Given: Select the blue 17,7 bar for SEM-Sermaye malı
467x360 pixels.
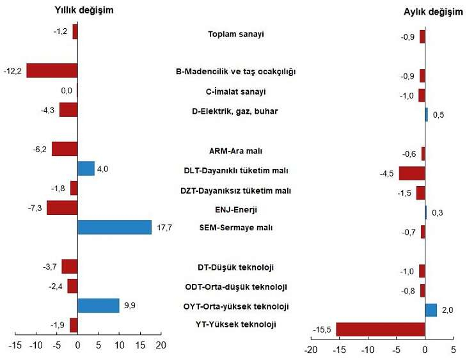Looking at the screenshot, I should point(115,227).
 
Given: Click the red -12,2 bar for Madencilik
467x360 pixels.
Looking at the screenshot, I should point(52,70).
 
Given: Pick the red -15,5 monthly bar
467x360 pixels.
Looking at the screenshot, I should point(380,329).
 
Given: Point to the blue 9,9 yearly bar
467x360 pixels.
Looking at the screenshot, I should point(98,305).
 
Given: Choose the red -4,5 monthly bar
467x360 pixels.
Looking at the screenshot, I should point(412,173).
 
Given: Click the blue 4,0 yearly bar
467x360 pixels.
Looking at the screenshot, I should point(86,169).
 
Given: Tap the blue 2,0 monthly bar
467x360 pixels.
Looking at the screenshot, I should point(431,310).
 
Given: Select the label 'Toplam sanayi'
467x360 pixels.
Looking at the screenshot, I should point(236,34).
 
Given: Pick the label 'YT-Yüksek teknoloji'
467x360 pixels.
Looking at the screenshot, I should point(235,324).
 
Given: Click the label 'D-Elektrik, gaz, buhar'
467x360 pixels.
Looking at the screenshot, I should point(235,111).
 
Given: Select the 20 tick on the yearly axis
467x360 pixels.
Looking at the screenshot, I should point(161,345).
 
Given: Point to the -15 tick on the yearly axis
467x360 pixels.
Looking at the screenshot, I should point(15,345).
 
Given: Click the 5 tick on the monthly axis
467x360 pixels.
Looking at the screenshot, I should point(453,350).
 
